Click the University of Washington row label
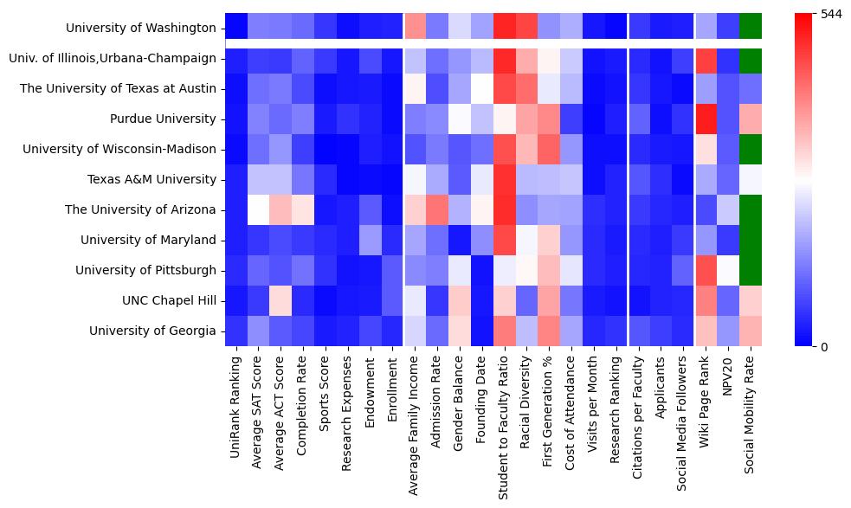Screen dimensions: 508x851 point(140,29)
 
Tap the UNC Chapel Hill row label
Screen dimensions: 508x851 point(168,300)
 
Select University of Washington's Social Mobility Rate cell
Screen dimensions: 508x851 point(751,29)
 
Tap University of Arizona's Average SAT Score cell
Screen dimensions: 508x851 point(259,209)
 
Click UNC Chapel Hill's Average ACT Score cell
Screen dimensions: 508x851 point(281,300)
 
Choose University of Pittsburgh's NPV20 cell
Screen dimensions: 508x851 point(728,270)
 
